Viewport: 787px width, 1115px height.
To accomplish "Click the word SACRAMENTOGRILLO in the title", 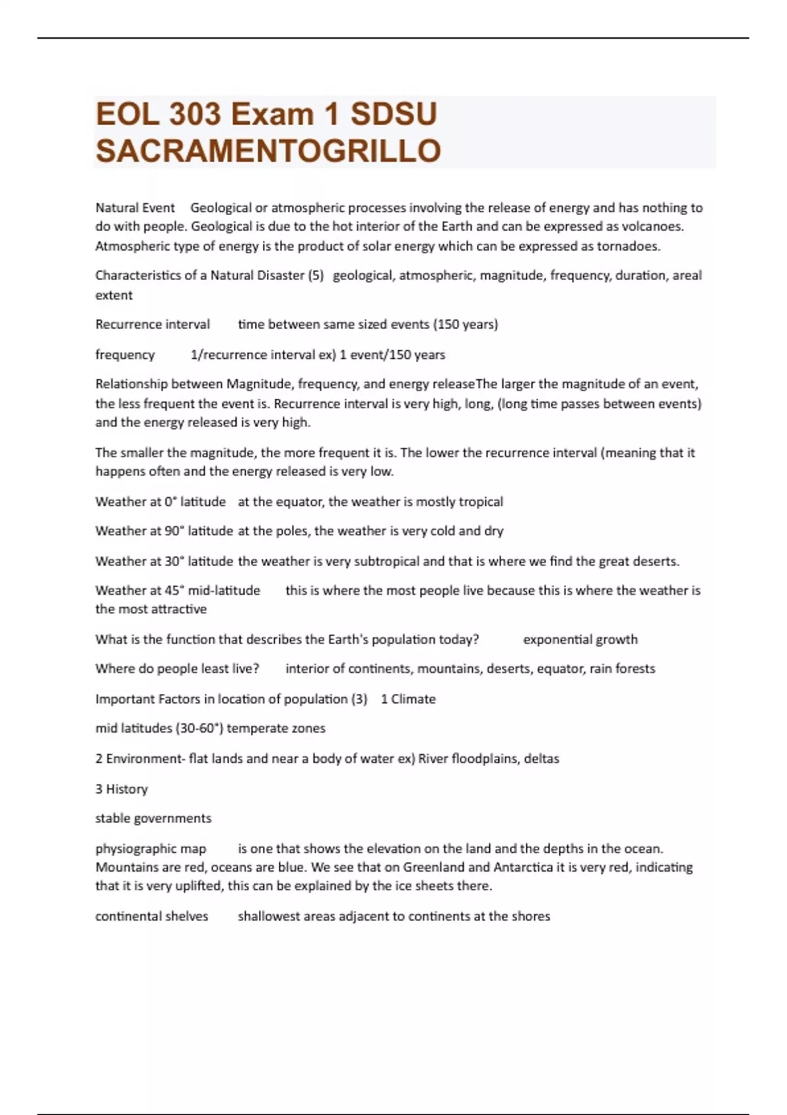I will click(268, 151).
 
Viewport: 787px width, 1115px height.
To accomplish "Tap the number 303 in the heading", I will click(195, 114).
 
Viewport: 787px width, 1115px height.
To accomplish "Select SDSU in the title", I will click(393, 114).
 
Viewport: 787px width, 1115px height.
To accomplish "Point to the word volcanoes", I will click(655, 226).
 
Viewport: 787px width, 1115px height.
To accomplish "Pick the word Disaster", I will click(279, 275).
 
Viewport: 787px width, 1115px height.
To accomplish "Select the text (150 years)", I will click(465, 324).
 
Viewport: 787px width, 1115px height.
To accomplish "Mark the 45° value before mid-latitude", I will click(174, 590).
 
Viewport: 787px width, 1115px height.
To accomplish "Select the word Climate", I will click(413, 699).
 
